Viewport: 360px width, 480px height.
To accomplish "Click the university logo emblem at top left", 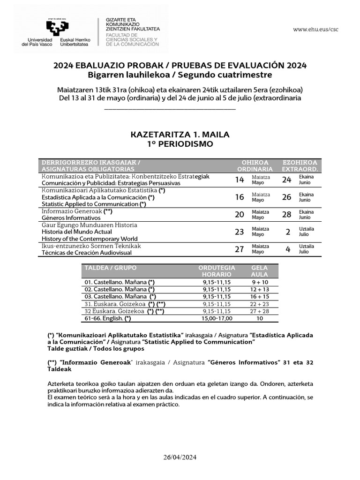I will (x=56, y=27).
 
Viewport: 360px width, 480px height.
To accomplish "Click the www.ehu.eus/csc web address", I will (x=315, y=29).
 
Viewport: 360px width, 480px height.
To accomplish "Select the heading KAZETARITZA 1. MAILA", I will (x=180, y=135).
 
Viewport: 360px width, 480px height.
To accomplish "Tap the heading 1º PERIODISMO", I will (x=180, y=144).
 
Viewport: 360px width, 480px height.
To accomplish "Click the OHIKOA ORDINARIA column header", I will (x=255, y=165).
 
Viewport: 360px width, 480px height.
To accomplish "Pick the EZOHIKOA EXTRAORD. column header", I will (x=300, y=165).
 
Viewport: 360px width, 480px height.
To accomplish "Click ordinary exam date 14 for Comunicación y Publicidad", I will (x=240, y=180).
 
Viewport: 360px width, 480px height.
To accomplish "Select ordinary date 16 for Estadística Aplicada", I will (x=240, y=197).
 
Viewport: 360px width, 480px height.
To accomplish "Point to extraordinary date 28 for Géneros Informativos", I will (x=288, y=215).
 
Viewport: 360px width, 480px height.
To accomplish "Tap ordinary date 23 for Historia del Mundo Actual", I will (x=240, y=232).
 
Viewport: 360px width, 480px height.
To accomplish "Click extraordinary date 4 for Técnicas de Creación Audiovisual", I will (x=288, y=249).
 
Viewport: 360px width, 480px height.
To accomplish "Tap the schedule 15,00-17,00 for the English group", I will (x=217, y=318).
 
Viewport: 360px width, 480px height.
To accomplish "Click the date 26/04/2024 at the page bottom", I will (x=180, y=457).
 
